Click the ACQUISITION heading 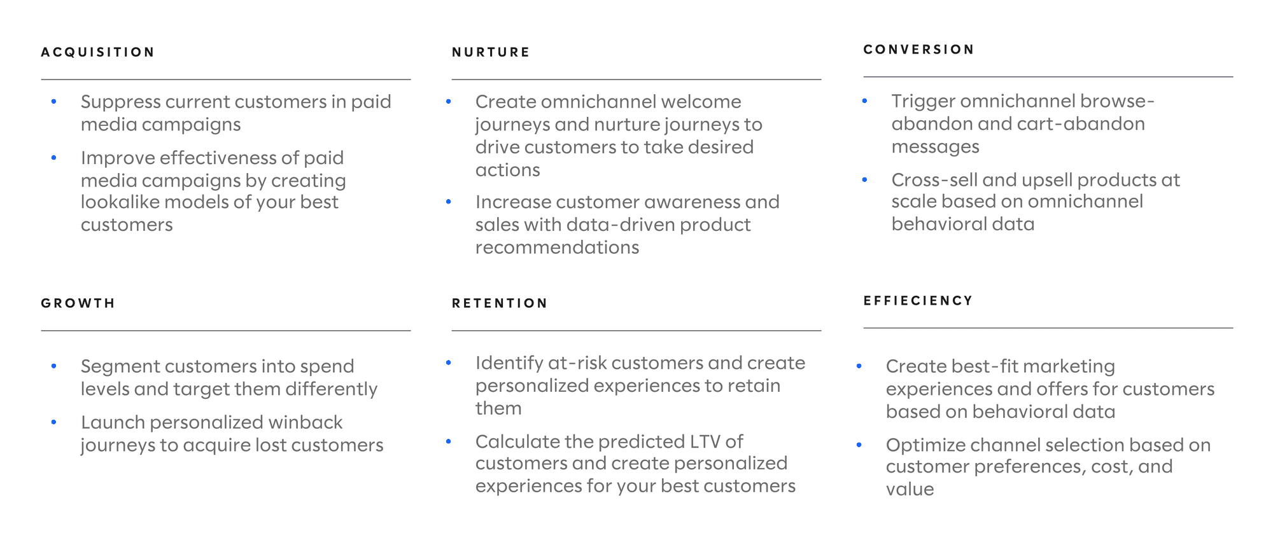[98, 52]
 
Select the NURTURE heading [491, 52]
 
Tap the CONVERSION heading [918, 50]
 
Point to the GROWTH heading [78, 303]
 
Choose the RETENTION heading [500, 303]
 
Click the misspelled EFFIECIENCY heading [918, 301]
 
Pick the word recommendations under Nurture [557, 247]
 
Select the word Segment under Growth [121, 367]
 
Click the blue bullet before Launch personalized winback [54, 422]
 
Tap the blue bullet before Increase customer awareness [449, 202]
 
